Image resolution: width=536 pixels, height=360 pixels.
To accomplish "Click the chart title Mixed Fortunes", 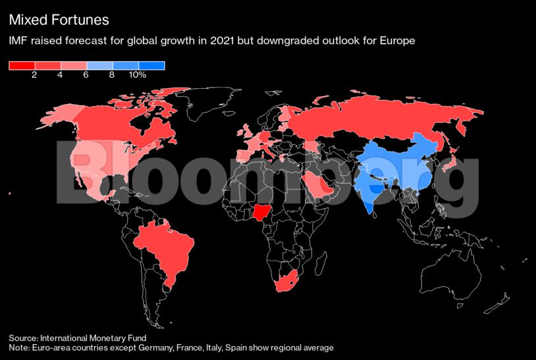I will click(59, 21).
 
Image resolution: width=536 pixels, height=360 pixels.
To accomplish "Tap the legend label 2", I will click(34, 75).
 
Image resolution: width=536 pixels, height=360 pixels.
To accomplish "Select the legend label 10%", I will click(137, 75).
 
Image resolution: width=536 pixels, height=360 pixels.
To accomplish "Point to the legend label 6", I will click(86, 75).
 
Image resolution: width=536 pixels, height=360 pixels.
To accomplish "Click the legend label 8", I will click(112, 75).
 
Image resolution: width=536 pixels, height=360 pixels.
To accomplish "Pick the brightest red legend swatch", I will click(22, 65).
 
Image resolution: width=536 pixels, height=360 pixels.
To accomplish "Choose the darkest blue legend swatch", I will click(151, 65).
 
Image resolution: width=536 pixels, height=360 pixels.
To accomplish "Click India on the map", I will click(371, 188).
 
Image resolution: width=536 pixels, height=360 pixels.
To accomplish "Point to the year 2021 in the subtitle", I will click(211, 41).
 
